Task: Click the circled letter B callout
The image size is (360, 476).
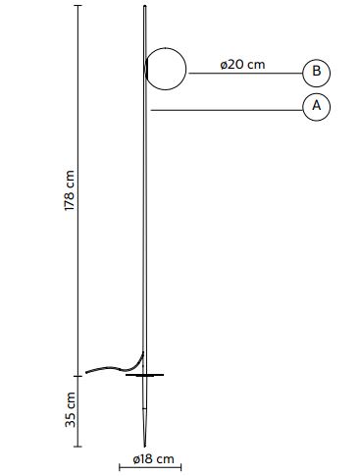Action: pos(316,73)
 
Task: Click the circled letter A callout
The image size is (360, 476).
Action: pos(316,107)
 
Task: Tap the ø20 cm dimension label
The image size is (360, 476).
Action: pos(242,65)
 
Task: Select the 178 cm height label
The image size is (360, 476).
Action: pos(70,190)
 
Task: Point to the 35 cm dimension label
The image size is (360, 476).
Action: pos(70,410)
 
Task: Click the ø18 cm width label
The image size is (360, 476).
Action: pos(153,459)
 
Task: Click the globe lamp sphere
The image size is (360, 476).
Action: pos(166,69)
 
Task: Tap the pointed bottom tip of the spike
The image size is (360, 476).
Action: pos(144,447)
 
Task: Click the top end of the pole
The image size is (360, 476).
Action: pos(145,6)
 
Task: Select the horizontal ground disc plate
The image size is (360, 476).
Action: pos(144,375)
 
